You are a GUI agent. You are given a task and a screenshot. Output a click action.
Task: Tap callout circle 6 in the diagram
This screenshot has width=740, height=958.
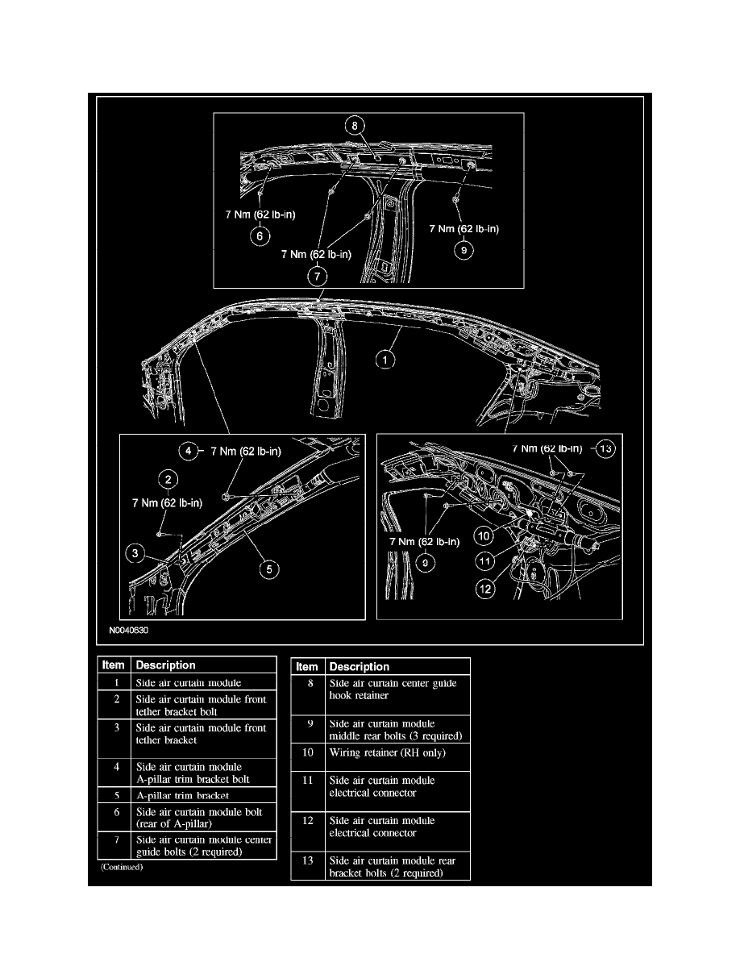pyautogui.click(x=260, y=236)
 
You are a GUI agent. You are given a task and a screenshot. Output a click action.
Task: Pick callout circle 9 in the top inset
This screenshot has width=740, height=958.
pyautogui.click(x=464, y=251)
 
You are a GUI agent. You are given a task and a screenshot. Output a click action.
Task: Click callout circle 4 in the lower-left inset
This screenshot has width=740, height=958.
pyautogui.click(x=189, y=452)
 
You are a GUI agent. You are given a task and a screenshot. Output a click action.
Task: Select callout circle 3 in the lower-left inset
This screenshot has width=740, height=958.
pyautogui.click(x=136, y=553)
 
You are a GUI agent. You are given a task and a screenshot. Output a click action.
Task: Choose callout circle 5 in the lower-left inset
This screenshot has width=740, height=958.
pyautogui.click(x=269, y=569)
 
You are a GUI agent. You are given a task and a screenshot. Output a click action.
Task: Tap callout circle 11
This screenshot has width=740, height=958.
pyautogui.click(x=484, y=560)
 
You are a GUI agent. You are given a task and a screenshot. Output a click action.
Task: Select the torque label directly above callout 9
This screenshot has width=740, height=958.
pyautogui.click(x=464, y=229)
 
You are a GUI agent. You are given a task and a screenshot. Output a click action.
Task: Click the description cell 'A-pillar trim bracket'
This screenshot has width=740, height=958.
pyautogui.click(x=182, y=796)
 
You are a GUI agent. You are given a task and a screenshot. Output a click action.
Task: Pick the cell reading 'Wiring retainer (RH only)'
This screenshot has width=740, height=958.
pyautogui.click(x=388, y=753)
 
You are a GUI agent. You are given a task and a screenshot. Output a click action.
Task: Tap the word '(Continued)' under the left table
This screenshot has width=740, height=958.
pyautogui.click(x=121, y=868)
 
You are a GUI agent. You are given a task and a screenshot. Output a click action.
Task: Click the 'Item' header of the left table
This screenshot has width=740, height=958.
pyautogui.click(x=113, y=665)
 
